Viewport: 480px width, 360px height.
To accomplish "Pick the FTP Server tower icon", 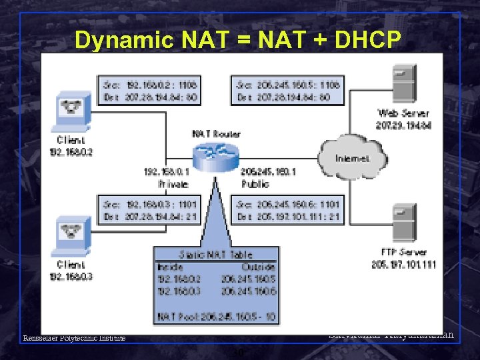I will pyautogui.click(x=403, y=226).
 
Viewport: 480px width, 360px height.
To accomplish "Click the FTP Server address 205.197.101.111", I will pyautogui.click(x=403, y=265).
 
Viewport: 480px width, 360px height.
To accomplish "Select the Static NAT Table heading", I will pyautogui.click(x=215, y=254).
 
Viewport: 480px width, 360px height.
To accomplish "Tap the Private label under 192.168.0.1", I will pyautogui.click(x=173, y=183).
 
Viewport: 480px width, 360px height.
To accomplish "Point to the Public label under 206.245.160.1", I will pyautogui.click(x=255, y=183).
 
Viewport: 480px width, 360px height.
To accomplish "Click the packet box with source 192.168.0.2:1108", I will pyautogui.click(x=151, y=90).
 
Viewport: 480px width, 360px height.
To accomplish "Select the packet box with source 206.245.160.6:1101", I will pyautogui.click(x=288, y=209).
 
